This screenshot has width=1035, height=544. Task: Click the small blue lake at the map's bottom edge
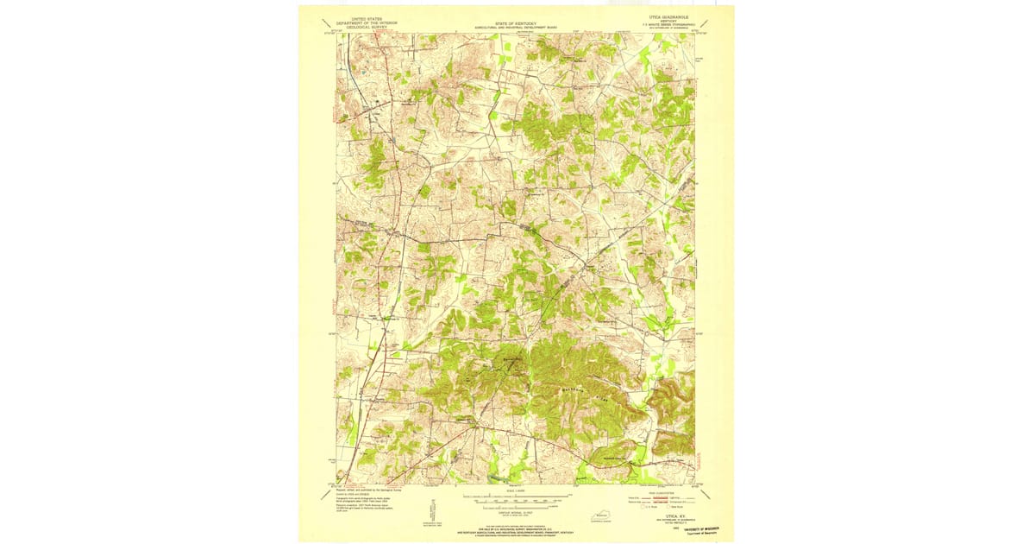tap(495, 478)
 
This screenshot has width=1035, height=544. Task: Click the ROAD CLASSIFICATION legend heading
tap(664, 492)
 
